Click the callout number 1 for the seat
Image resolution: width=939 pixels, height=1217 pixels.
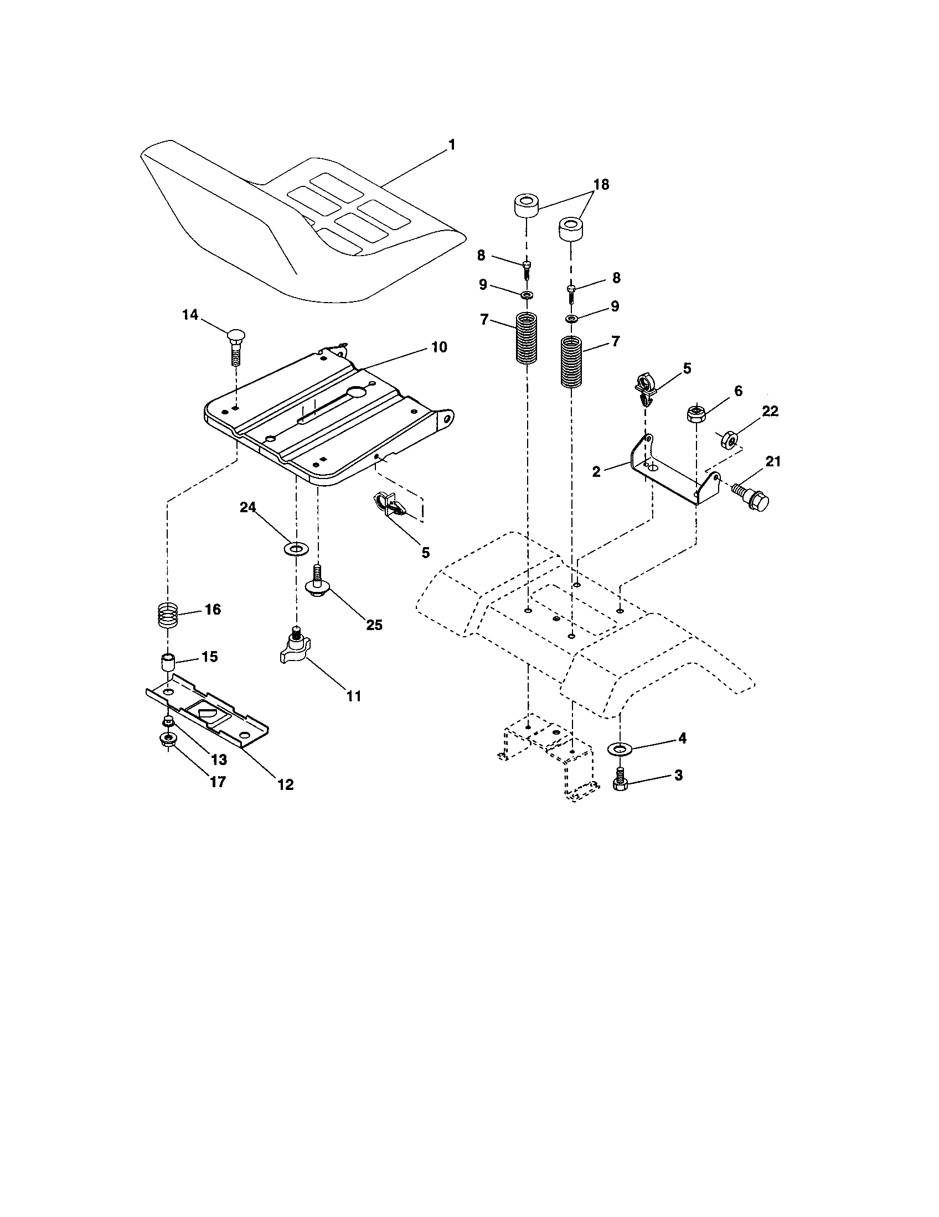pos(452,145)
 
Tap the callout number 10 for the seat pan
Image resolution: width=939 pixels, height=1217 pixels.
pos(439,347)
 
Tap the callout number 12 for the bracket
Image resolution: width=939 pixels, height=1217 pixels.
pos(285,784)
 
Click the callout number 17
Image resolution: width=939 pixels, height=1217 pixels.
pos(218,782)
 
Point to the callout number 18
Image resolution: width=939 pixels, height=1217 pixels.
pos(601,184)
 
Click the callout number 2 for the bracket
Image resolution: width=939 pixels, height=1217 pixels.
pos(596,472)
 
